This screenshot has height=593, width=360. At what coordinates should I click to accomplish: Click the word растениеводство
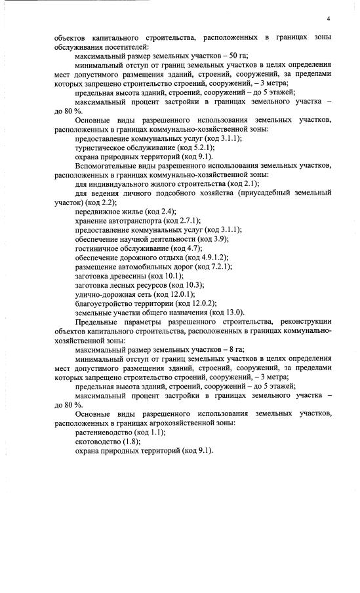tap(104, 432)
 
